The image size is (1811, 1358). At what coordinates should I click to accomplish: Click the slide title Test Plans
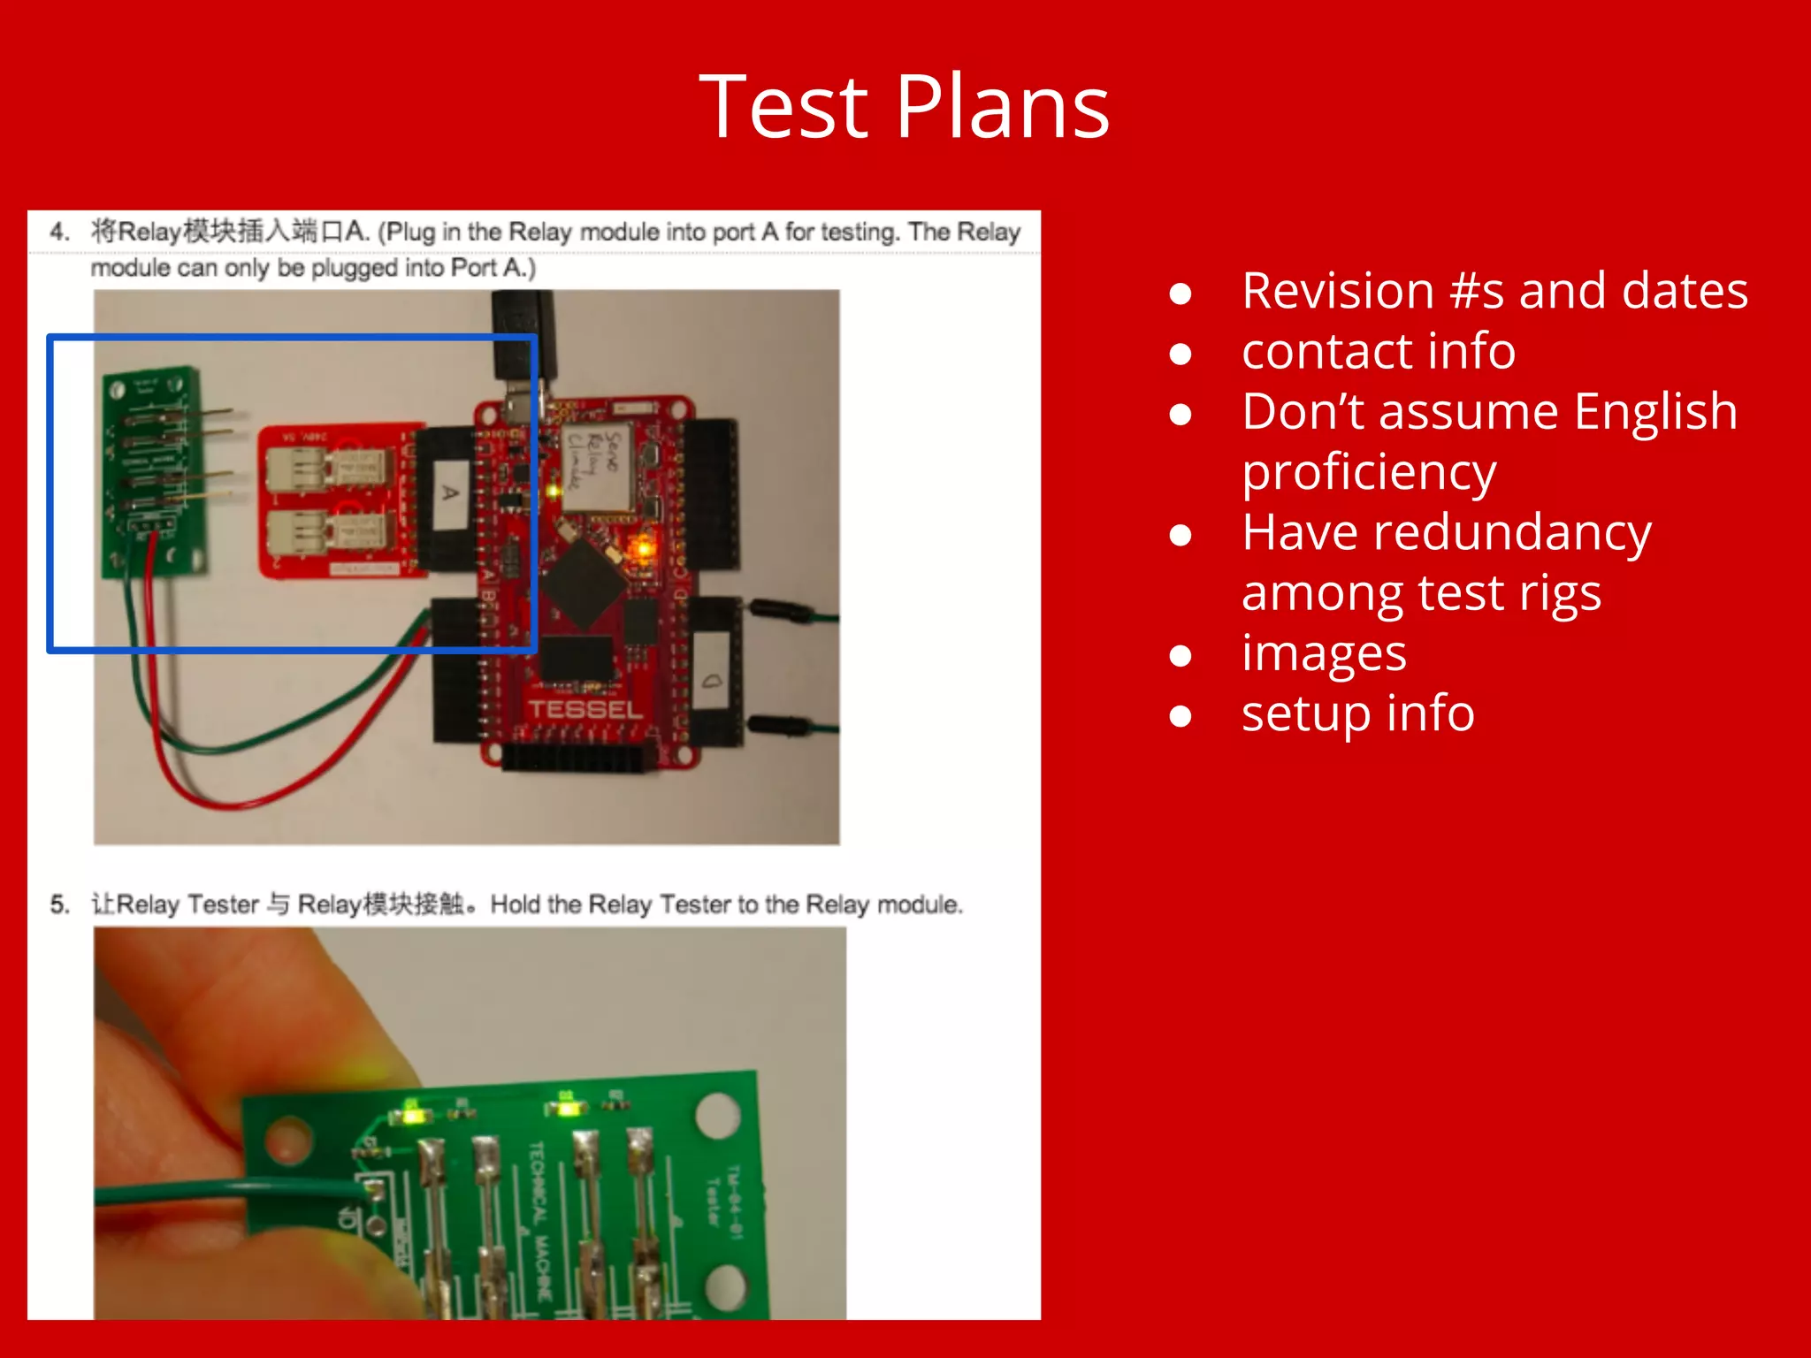pos(904,108)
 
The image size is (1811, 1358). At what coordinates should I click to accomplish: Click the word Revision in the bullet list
pos(1337,291)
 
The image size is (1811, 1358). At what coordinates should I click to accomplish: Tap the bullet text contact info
pos(1378,351)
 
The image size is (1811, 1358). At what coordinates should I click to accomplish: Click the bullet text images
pos(1323,653)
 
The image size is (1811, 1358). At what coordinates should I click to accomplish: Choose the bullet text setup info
pos(1357,713)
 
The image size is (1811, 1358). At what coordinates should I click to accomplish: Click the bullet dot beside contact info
pos(1180,354)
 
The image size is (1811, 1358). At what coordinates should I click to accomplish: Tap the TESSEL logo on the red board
pos(585,709)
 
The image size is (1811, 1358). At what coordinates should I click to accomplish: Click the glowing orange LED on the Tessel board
pos(641,549)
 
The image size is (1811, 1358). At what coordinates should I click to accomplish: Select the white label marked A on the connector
pos(451,493)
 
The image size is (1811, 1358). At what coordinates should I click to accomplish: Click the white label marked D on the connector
pos(712,682)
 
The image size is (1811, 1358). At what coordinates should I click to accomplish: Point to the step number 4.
pos(59,232)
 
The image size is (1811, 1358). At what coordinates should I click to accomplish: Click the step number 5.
pos(59,904)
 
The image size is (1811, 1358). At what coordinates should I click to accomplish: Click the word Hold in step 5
pos(515,904)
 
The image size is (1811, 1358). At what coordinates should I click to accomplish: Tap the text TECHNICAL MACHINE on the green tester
pos(540,1220)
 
